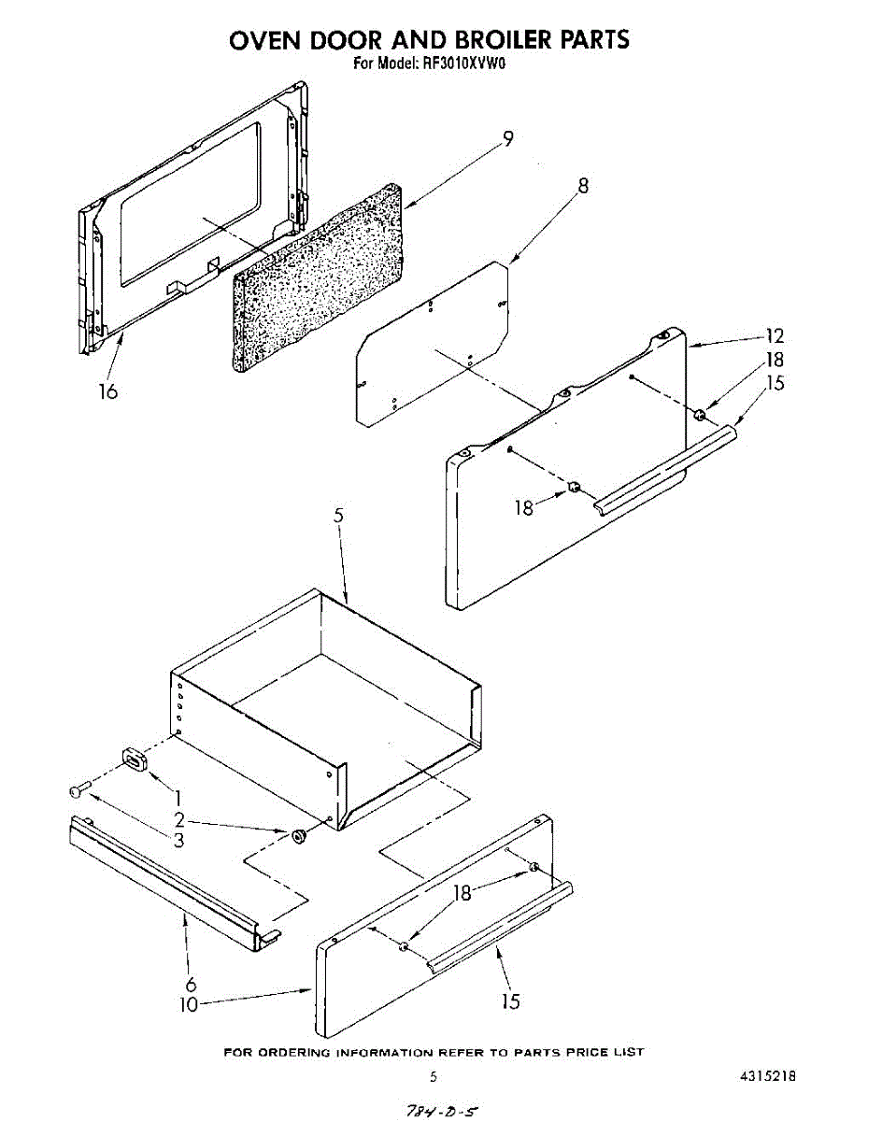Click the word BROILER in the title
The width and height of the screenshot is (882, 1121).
tap(505, 39)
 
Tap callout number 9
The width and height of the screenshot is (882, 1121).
tap(507, 138)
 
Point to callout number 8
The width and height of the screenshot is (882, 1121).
tap(583, 185)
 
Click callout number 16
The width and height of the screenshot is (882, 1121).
tap(108, 391)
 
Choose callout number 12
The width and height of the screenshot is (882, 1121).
tap(775, 336)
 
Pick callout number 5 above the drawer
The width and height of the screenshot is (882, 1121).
tap(339, 516)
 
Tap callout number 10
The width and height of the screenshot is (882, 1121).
tap(188, 1005)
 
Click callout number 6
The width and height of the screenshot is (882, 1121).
tap(191, 984)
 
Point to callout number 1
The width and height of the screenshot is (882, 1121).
tap(178, 799)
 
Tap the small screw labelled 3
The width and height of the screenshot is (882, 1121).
tap(77, 790)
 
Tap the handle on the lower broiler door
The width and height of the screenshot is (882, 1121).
tap(500, 925)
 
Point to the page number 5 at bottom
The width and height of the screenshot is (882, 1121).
tap(433, 1076)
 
